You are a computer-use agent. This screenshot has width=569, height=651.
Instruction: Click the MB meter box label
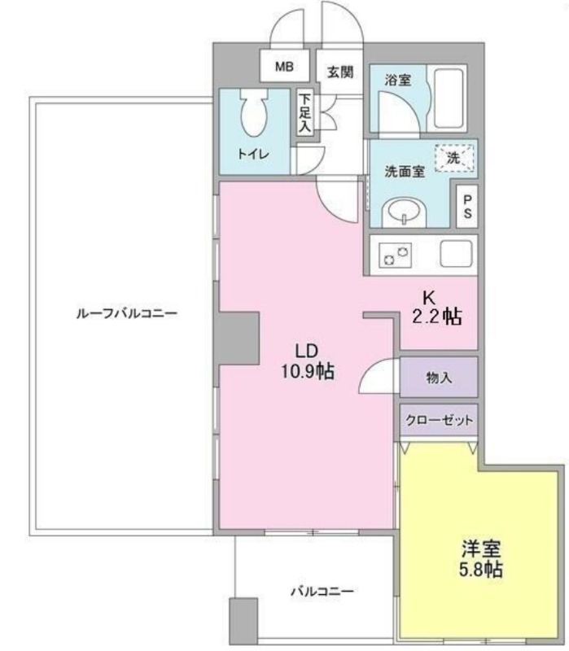point(285,67)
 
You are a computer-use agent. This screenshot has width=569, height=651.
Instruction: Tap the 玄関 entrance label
point(340,72)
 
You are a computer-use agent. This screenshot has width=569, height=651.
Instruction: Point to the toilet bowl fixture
point(254,112)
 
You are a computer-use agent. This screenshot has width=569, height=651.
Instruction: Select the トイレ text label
point(253,155)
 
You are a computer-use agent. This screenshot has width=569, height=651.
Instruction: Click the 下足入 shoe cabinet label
point(305,113)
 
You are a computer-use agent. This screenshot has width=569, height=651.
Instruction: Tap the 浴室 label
point(397,80)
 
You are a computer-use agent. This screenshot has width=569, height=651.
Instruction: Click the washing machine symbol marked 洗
point(454,158)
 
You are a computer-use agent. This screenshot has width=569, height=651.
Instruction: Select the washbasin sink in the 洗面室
point(405,212)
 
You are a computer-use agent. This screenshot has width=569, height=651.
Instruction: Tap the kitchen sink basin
point(456,254)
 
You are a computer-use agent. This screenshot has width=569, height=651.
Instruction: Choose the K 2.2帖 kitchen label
point(437,308)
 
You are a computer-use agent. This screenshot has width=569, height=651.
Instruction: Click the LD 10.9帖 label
point(308,360)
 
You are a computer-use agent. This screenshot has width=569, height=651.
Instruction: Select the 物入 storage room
point(439,377)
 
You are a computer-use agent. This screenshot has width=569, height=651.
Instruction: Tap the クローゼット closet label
point(439,420)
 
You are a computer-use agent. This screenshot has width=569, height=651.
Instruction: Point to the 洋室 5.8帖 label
point(481,559)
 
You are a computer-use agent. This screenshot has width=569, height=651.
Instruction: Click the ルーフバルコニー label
point(127,313)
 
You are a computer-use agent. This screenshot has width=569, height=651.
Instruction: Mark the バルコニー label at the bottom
point(322,591)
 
